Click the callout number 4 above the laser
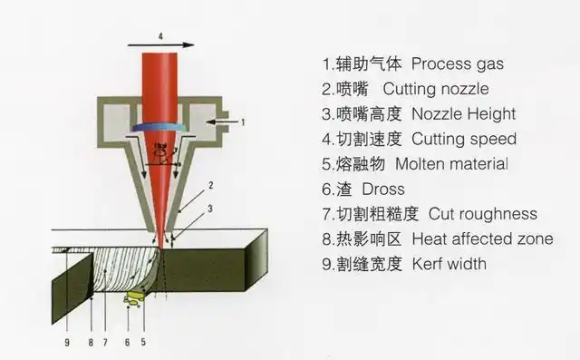[x=160, y=37]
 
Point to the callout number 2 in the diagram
[x=210, y=185]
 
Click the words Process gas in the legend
[x=457, y=64]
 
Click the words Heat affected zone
[x=482, y=239]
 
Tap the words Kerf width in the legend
[x=449, y=264]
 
